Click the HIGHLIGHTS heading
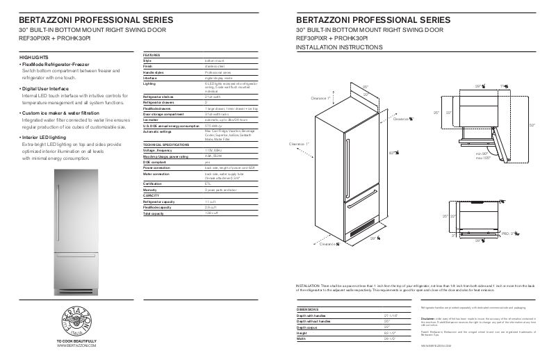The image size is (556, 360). (35, 57)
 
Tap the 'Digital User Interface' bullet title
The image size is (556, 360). (47, 89)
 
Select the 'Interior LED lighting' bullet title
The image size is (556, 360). (47, 138)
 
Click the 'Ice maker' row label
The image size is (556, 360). (152, 120)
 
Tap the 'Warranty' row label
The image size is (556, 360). (151, 190)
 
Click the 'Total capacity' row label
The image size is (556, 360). (154, 213)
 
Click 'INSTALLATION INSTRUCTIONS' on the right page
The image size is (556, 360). (339, 47)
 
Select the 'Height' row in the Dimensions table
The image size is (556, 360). (302, 332)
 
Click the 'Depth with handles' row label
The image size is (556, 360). (313, 315)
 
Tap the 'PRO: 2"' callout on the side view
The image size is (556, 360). (510, 234)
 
